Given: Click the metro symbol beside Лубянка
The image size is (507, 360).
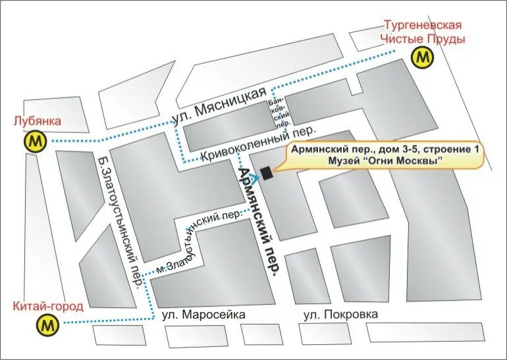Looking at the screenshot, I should click(x=34, y=141).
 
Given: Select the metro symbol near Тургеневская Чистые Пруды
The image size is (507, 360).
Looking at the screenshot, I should click(x=423, y=57).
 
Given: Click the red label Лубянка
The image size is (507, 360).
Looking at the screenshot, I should click(x=37, y=121).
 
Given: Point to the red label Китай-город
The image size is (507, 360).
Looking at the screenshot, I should click(x=47, y=306).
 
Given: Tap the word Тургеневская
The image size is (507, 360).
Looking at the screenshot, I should click(x=423, y=25).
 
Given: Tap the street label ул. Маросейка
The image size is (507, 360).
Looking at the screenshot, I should click(x=203, y=315).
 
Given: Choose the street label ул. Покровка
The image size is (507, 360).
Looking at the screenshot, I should click(x=341, y=315).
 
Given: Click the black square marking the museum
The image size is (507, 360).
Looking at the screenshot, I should click(x=266, y=173).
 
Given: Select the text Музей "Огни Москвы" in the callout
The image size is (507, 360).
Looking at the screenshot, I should click(x=385, y=161).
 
